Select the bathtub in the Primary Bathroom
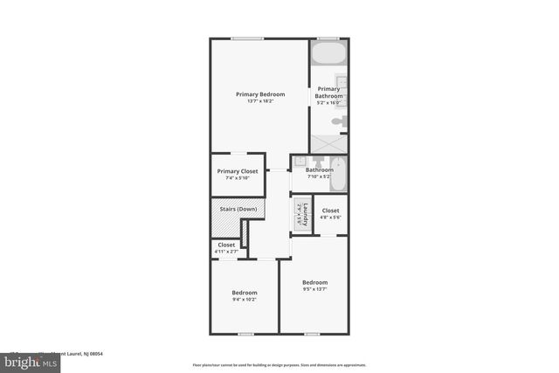328,55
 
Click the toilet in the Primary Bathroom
340,121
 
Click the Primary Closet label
238,171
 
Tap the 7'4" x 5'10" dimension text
238,178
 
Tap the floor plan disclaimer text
279,364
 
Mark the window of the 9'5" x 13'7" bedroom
312,334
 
